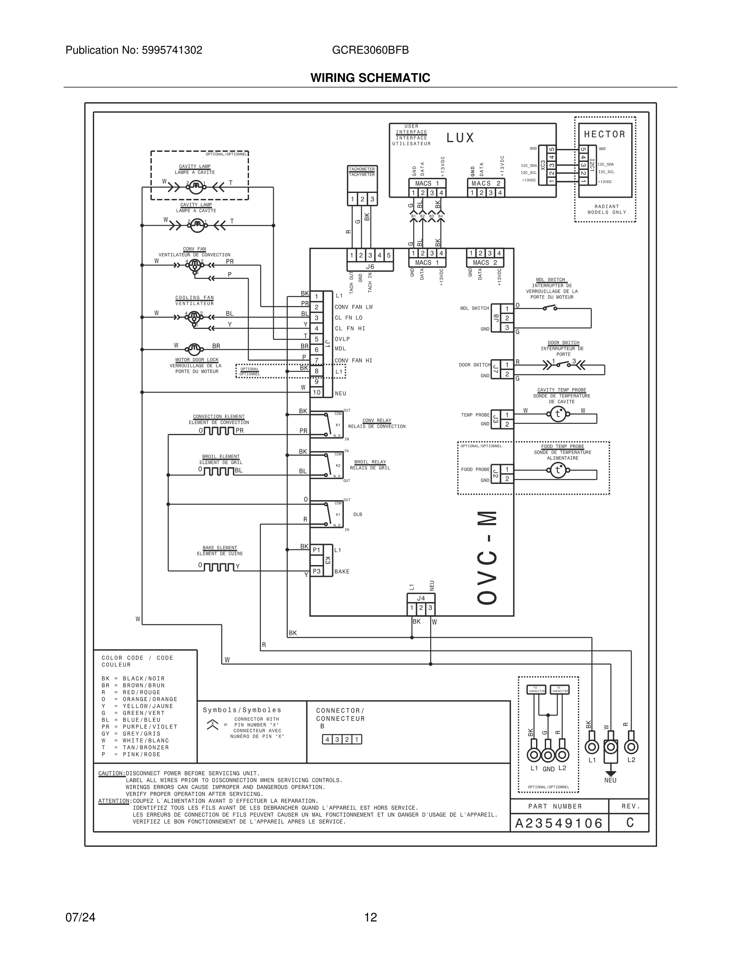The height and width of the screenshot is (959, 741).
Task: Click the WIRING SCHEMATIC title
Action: (x=370, y=78)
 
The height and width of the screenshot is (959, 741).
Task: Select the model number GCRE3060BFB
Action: (x=370, y=50)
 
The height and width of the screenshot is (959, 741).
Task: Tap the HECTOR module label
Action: (x=605, y=134)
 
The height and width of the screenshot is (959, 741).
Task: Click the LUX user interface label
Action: (x=460, y=138)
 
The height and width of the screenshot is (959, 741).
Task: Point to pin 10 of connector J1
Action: (x=316, y=393)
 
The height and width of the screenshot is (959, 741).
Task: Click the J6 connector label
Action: (x=370, y=266)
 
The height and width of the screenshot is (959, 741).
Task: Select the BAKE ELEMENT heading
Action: (x=220, y=548)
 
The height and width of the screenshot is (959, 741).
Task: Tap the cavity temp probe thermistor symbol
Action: (x=558, y=414)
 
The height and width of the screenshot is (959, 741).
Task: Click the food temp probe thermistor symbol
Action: (x=558, y=470)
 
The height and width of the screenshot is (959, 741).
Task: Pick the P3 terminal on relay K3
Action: (x=316, y=571)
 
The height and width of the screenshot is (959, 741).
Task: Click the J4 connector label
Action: (x=421, y=598)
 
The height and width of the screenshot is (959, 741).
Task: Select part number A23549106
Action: (x=559, y=823)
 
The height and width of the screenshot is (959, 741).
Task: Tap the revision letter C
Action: (x=630, y=823)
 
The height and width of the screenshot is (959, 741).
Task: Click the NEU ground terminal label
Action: (x=610, y=780)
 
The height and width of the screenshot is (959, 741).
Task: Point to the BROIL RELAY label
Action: (x=370, y=462)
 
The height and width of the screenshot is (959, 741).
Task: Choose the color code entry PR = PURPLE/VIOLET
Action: (x=139, y=727)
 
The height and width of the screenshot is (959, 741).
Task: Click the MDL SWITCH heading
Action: (x=550, y=280)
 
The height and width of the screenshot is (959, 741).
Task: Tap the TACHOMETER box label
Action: (x=362, y=169)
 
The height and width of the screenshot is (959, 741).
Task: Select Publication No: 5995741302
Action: (x=134, y=50)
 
